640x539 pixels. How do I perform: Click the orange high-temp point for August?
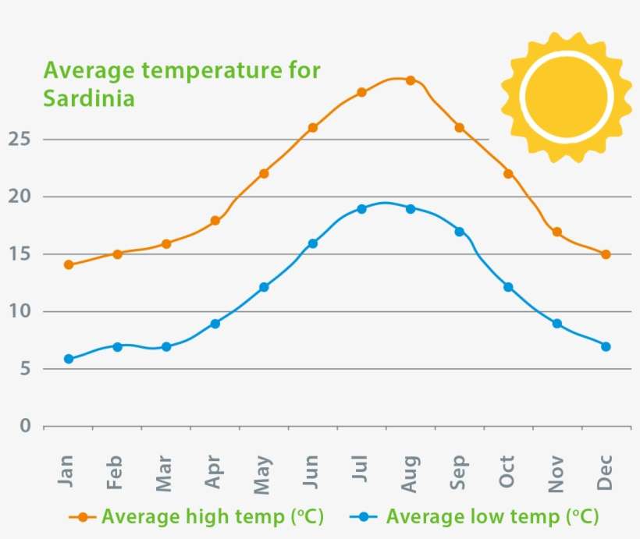point(411,80)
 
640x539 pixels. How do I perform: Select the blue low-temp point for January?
point(69,359)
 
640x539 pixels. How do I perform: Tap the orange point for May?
point(264,173)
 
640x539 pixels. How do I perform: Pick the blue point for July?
point(361,209)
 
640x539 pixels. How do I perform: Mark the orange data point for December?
point(606,254)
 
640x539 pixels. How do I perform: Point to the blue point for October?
point(508,287)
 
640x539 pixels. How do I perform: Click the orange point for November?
point(557,232)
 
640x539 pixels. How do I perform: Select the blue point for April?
point(215,324)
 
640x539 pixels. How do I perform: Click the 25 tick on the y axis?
point(20,139)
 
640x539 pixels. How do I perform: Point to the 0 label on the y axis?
point(26,426)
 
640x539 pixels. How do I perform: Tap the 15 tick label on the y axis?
point(20,254)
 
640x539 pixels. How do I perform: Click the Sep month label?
point(459,472)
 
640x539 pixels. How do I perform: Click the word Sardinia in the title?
point(89,99)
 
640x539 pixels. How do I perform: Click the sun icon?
point(566,97)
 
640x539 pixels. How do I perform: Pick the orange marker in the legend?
point(83,516)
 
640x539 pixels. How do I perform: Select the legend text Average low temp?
point(473,516)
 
